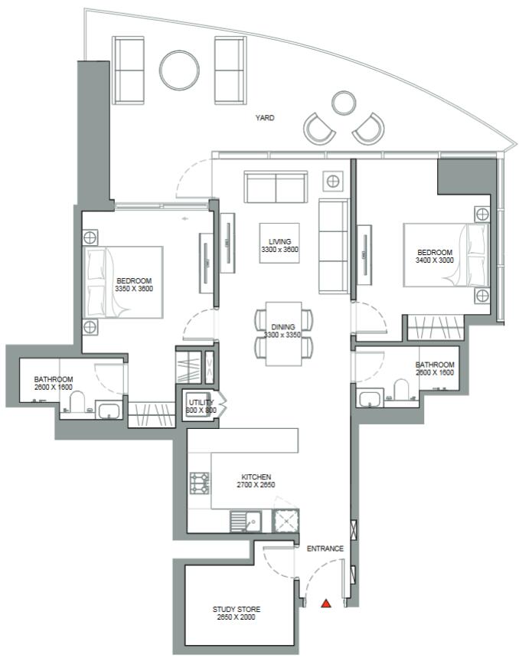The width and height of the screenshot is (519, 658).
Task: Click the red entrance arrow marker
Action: click(x=326, y=604)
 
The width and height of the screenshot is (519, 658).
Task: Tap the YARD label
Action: click(x=265, y=118)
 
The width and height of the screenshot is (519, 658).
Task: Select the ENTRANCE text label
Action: click(x=325, y=548)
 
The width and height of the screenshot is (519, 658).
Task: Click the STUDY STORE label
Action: click(x=237, y=609)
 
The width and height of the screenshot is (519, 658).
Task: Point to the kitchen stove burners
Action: click(x=200, y=483)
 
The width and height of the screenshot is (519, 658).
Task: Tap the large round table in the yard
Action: click(x=179, y=70)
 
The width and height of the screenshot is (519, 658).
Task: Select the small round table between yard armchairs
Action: click(x=344, y=103)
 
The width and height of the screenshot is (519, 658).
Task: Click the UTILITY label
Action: click(x=201, y=402)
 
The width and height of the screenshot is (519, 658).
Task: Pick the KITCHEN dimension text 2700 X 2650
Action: click(x=256, y=485)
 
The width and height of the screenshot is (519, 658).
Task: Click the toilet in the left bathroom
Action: click(x=77, y=401)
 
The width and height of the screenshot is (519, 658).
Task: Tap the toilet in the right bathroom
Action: click(x=401, y=389)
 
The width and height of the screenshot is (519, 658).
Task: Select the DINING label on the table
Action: click(x=283, y=327)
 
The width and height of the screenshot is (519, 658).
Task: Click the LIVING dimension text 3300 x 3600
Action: click(x=279, y=249)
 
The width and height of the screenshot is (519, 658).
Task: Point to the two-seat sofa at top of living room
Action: click(x=276, y=187)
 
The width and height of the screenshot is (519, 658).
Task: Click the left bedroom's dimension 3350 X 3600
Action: click(x=134, y=289)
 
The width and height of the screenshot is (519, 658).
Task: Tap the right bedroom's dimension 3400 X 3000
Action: click(x=435, y=260)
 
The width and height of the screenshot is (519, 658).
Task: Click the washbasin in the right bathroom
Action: click(x=369, y=398)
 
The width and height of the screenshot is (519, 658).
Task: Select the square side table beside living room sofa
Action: click(x=333, y=182)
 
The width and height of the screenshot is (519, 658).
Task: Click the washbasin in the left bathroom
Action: click(x=109, y=410)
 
